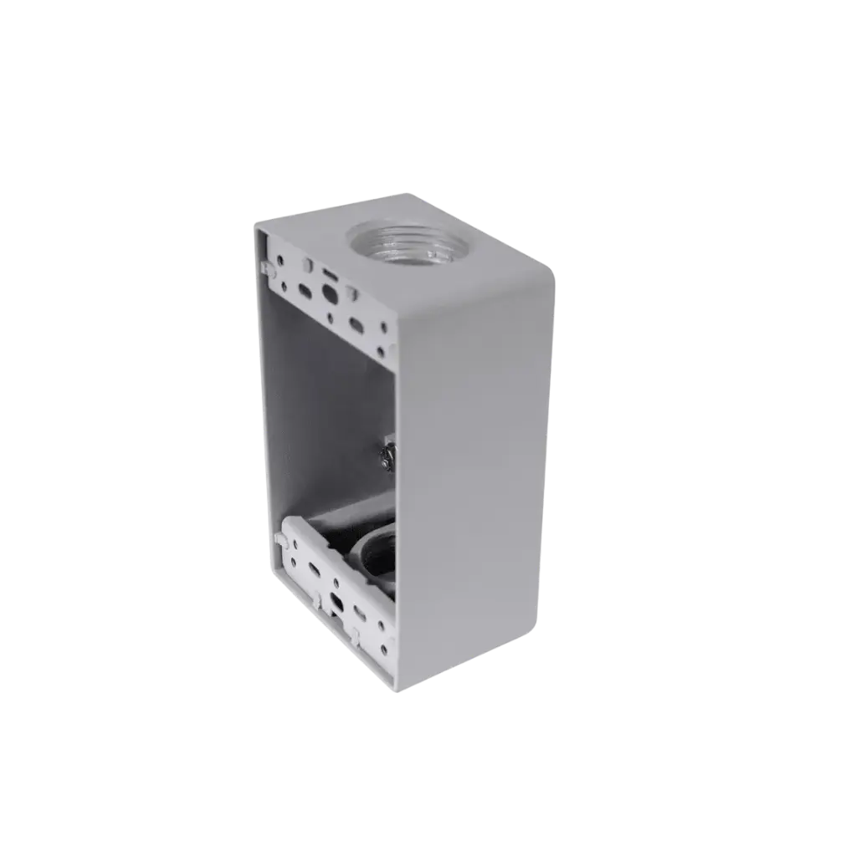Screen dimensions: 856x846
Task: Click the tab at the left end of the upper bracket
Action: [269, 267]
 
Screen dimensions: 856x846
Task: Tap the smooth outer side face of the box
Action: [473, 485]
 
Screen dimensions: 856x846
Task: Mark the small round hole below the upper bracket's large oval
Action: [336, 318]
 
